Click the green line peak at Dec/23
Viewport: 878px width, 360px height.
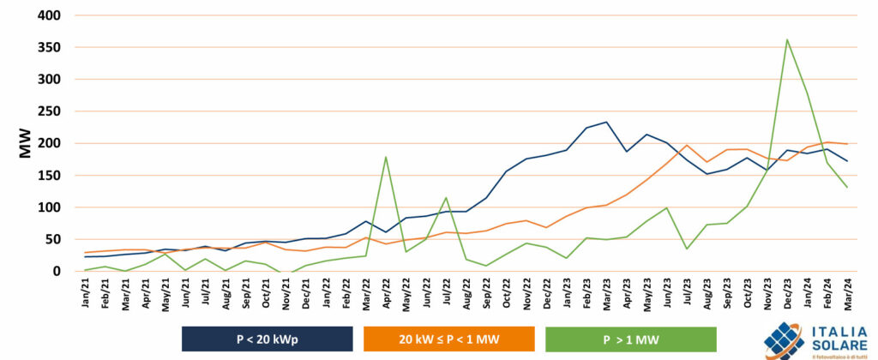(787, 39)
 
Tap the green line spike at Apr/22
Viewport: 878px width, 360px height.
(386, 157)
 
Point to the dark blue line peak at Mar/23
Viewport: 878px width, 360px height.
(607, 122)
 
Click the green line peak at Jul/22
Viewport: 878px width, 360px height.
(446, 198)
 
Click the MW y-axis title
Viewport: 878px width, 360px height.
(26, 143)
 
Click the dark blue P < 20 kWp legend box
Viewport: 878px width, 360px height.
(267, 339)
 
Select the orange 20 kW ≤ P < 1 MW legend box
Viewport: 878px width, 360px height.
(448, 339)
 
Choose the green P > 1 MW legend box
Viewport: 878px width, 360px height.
(630, 339)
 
